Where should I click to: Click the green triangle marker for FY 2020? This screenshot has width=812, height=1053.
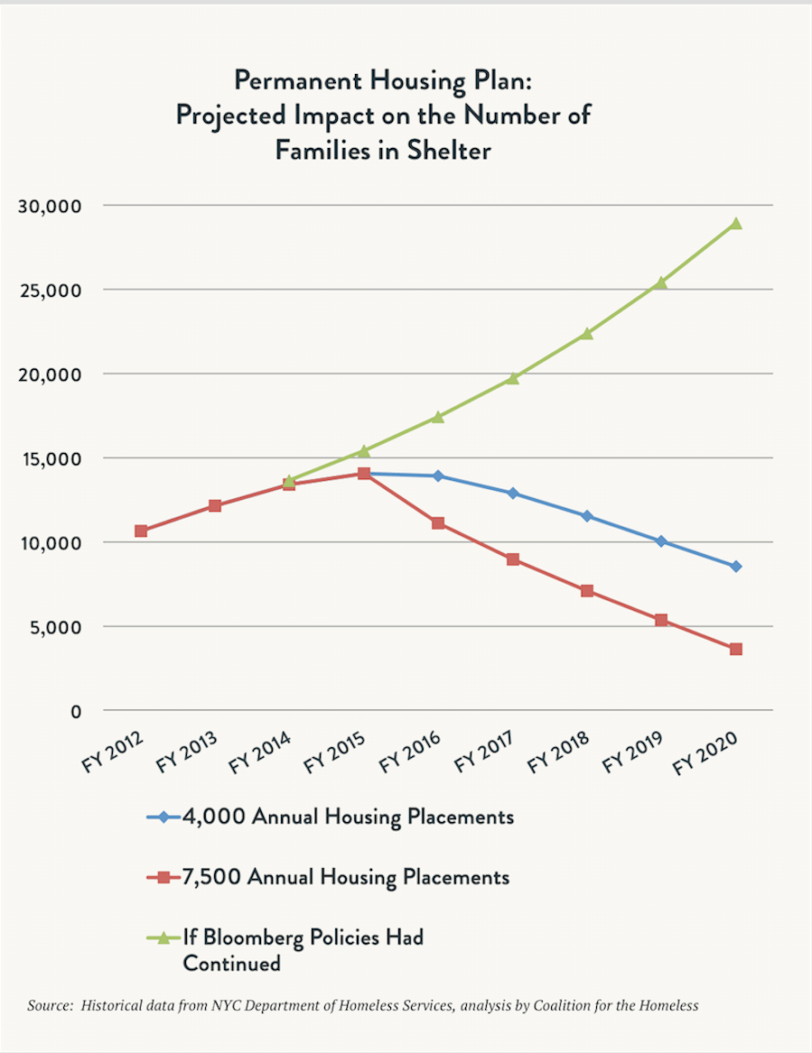736,223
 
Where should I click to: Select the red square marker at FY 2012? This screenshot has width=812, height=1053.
141,531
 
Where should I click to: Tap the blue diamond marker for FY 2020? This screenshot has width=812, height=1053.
736,567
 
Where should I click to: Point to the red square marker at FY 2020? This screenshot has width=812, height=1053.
736,649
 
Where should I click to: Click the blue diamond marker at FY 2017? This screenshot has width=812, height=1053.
513,494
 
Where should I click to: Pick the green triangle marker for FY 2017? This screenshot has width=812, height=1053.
513,378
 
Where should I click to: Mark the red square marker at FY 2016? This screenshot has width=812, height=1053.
438,523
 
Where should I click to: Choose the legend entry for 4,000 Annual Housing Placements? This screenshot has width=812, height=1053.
348,817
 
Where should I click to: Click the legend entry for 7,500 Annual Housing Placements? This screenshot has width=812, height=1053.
346,877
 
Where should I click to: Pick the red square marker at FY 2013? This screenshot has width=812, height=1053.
215,505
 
